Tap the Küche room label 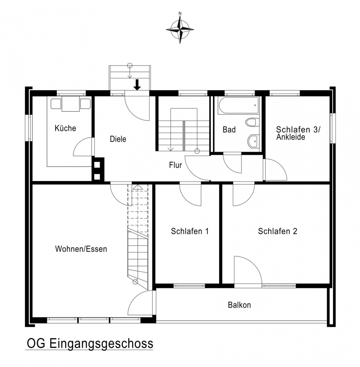(x=65, y=128)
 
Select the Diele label (x=118, y=139)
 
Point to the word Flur (x=176, y=165)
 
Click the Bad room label (x=229, y=129)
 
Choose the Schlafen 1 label (x=190, y=231)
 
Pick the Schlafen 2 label (x=278, y=231)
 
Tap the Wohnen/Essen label (x=81, y=249)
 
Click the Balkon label (x=239, y=305)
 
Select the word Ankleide (x=291, y=137)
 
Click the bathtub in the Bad (x=238, y=105)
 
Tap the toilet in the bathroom (x=252, y=122)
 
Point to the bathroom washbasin (x=253, y=141)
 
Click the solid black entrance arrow (x=137, y=85)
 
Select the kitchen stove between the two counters (x=71, y=104)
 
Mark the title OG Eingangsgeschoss (x=90, y=344)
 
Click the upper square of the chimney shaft (x=97, y=165)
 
